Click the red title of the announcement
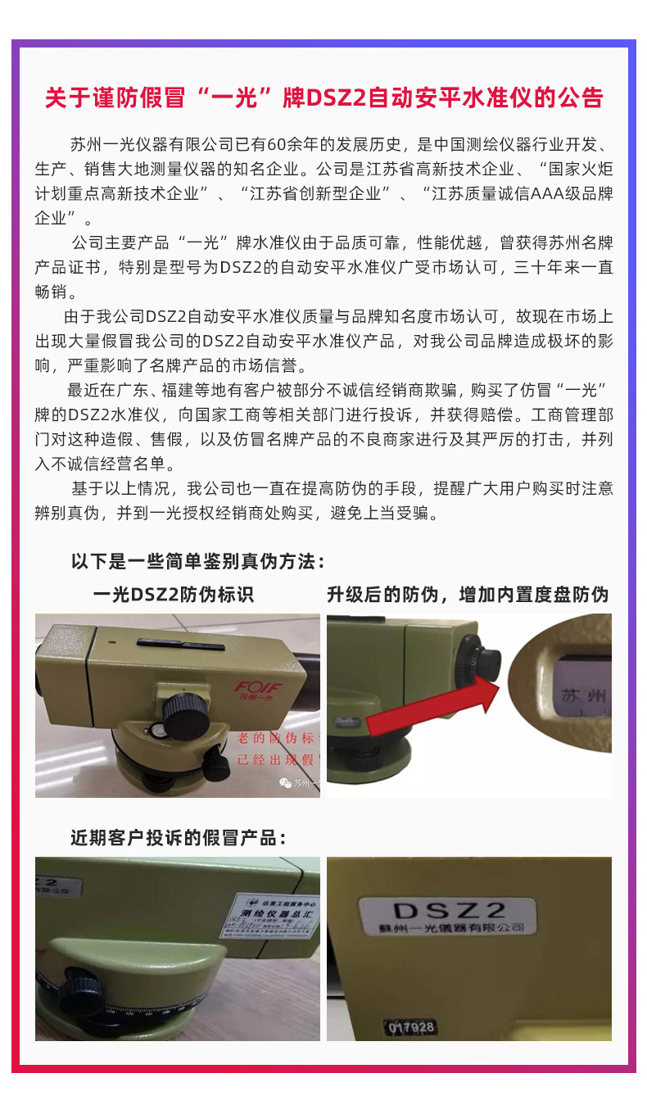click(323, 98)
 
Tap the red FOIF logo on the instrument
click(257, 686)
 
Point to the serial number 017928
click(412, 1026)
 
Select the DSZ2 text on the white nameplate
click(450, 910)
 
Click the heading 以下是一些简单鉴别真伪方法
click(199, 562)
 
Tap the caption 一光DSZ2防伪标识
click(174, 595)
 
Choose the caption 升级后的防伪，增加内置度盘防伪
click(468, 595)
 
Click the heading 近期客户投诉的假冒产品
click(179, 838)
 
